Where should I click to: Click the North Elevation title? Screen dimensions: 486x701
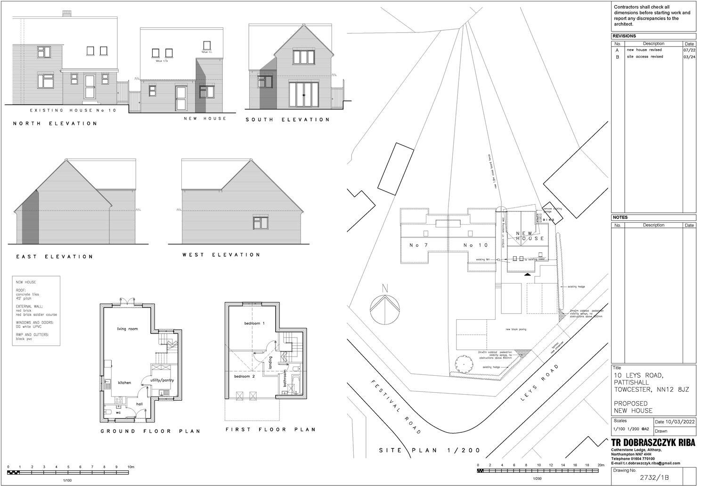55,123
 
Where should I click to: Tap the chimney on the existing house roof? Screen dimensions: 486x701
67,13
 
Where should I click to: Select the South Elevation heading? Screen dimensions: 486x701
287,120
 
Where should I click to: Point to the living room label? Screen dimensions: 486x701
127,329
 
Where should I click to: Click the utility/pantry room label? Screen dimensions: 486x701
162,380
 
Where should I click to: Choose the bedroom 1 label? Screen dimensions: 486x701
254,324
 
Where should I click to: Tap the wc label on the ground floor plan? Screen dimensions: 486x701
118,413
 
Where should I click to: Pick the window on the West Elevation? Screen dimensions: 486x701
260,222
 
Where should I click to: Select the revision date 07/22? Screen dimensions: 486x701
689,50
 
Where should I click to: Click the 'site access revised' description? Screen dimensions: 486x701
644,57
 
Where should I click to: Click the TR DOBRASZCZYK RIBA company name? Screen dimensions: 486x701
653,443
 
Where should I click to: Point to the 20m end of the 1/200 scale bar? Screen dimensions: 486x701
600,465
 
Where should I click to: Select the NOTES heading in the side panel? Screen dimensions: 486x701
621,218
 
